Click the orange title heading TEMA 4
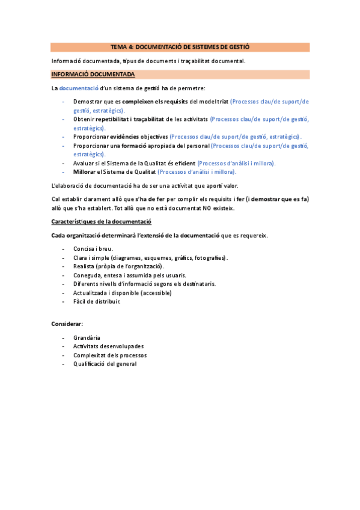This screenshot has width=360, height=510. coord(180,47)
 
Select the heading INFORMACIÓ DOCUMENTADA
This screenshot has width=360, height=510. coord(93,75)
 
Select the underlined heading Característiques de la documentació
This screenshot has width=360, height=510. coord(102,223)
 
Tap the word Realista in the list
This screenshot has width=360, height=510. coord(84,266)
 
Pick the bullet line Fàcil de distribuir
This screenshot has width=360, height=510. coord(97,301)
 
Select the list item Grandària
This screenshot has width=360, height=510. coord(87,338)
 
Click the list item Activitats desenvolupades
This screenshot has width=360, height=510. coord(108,346)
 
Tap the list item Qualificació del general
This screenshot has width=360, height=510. coord(105,364)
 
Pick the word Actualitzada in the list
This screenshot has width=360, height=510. coord(91,293)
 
